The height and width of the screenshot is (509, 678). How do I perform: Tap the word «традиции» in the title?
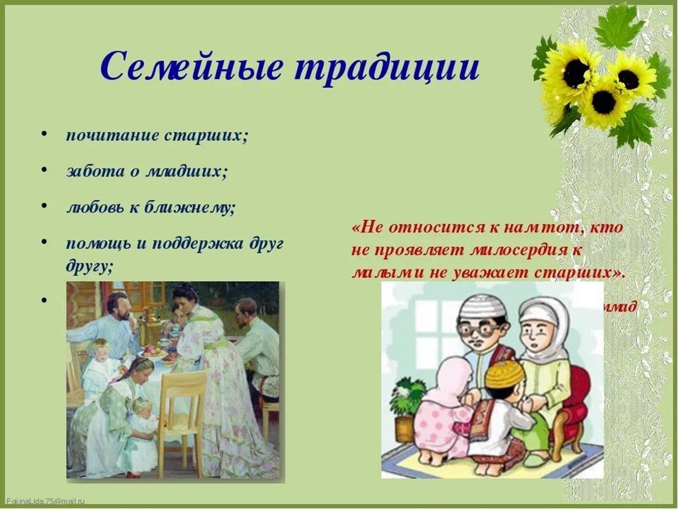point(388,67)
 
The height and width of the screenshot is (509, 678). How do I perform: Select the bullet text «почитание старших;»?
point(157,137)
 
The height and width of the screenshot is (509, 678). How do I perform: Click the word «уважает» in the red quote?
point(485,272)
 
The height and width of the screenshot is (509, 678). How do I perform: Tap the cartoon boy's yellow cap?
point(505,374)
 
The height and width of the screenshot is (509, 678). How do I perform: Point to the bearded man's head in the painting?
point(118,305)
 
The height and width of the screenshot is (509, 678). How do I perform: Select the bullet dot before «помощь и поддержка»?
point(44,242)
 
